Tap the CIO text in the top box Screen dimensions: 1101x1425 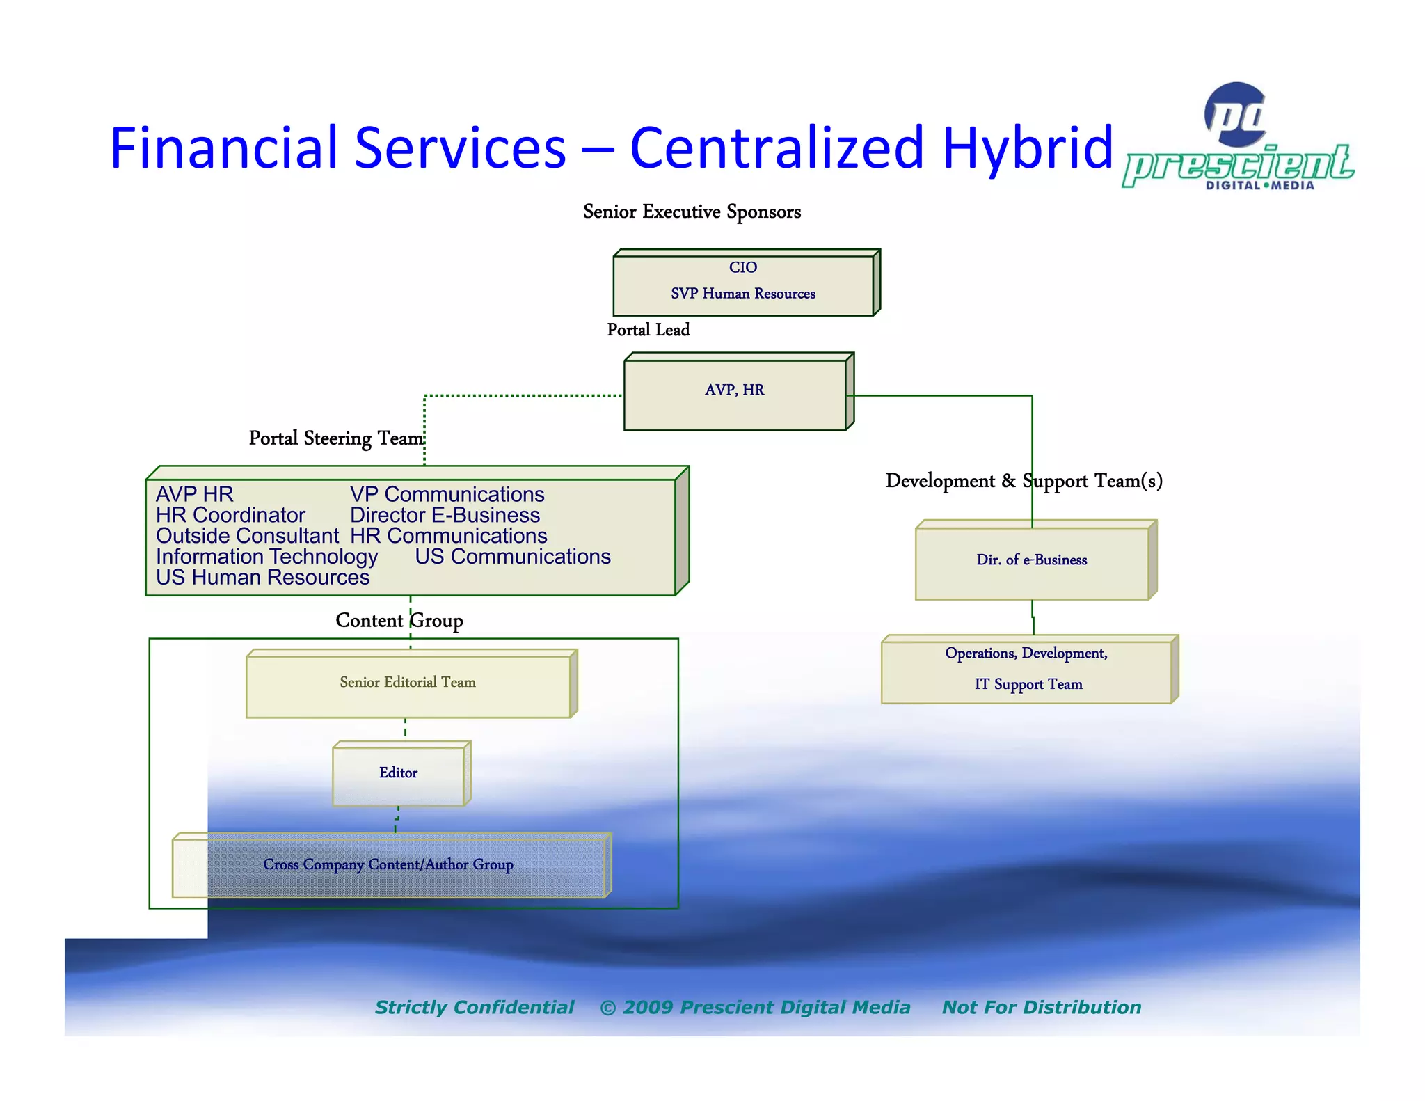tap(742, 267)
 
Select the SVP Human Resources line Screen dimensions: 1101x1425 tap(742, 294)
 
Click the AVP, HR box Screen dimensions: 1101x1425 tap(735, 393)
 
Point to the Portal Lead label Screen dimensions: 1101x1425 tap(648, 330)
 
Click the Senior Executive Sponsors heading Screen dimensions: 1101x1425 tap(692, 212)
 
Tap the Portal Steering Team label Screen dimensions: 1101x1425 tap(336, 438)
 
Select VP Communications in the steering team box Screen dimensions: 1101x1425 tap(447, 494)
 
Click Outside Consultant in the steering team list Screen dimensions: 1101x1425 tap(247, 536)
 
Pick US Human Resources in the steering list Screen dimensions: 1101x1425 tap(262, 578)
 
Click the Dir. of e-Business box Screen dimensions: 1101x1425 tap(1031, 561)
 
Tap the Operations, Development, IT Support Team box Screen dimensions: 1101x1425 tap(1027, 670)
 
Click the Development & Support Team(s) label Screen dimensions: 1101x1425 tap(1024, 481)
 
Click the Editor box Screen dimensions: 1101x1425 tap(398, 774)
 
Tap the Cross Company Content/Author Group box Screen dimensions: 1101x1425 tap(388, 865)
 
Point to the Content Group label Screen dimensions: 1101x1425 tap(399, 621)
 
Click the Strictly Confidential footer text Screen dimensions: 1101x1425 tap(475, 1008)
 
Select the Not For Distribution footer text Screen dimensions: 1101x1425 tap(1041, 1008)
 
